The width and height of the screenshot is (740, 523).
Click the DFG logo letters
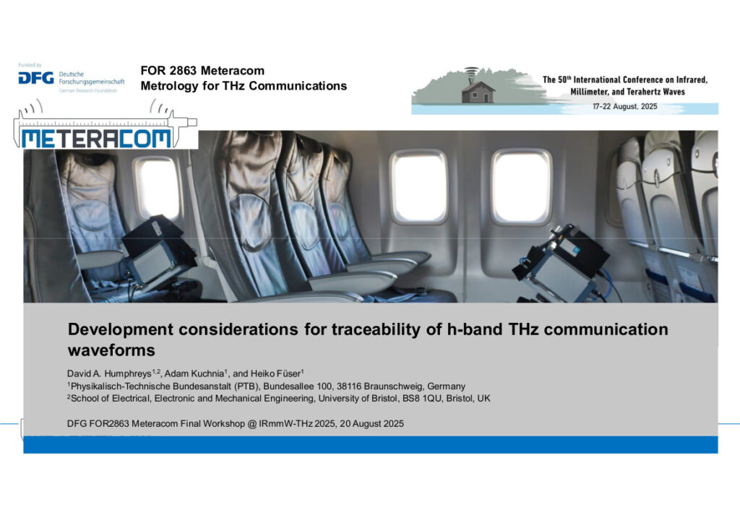pos(36,78)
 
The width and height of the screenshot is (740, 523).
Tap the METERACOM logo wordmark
pos(96,138)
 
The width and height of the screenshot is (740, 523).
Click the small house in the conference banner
pos(478,92)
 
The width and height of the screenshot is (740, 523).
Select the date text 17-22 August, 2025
pos(625,107)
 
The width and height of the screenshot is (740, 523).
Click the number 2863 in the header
pos(183,71)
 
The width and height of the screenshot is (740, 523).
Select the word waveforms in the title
pos(111,350)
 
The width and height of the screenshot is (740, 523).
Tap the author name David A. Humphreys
pos(109,373)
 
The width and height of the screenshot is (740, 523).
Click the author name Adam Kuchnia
pos(194,373)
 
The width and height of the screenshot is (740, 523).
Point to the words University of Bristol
pos(358,399)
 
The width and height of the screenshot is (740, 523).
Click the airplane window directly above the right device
pos(522,187)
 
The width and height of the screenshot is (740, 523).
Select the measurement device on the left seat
pos(157,251)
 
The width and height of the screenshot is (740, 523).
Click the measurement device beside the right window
pos(562,263)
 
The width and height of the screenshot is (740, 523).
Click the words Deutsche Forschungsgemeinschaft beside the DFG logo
pos(92,78)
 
